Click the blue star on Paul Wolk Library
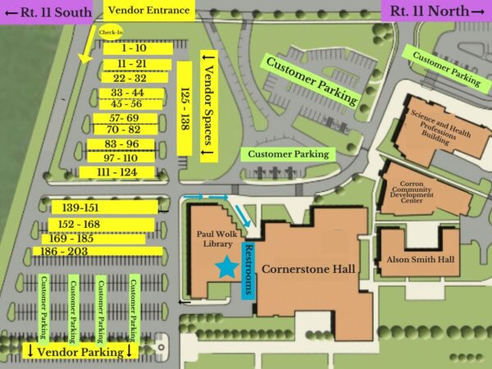225,266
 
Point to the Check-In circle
111,33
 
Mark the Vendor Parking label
80,352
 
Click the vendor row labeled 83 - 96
121,144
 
